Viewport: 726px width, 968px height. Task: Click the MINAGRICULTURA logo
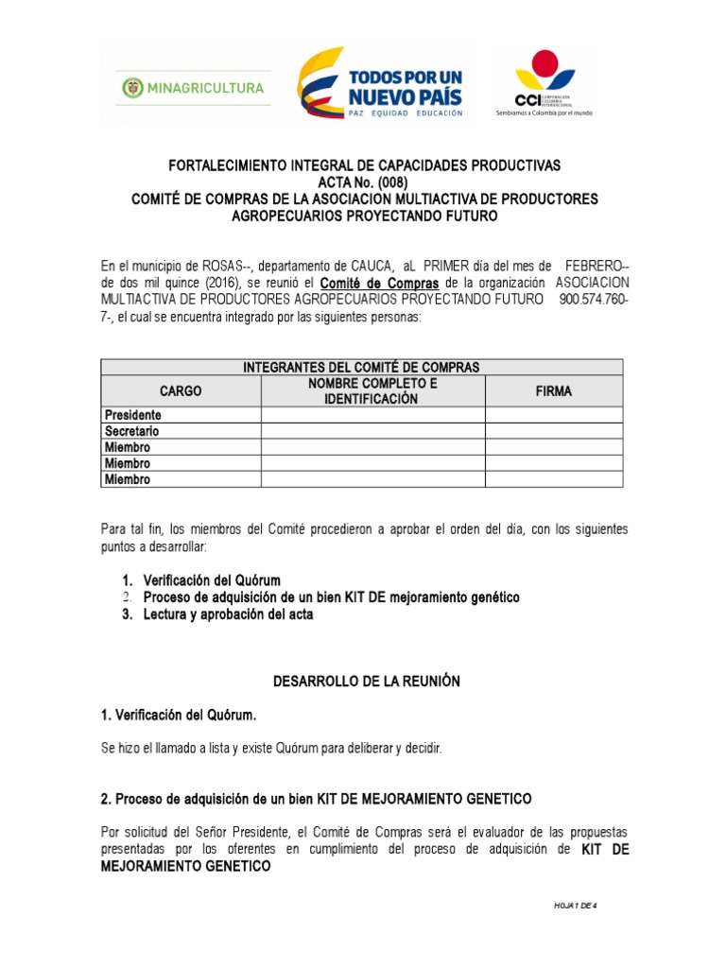pos(193,88)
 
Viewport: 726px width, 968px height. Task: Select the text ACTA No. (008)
pos(364,181)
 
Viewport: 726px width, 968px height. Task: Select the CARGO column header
pos(181,391)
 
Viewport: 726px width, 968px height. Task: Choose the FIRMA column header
pos(553,391)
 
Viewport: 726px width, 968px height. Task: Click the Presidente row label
pos(133,415)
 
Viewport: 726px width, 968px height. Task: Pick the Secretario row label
pos(132,431)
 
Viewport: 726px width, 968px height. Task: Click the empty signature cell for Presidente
pos(553,415)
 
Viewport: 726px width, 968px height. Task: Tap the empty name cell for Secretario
pos(373,431)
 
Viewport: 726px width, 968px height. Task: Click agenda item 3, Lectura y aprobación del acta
pos(228,614)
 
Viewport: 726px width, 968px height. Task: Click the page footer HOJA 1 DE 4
pos(577,906)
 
